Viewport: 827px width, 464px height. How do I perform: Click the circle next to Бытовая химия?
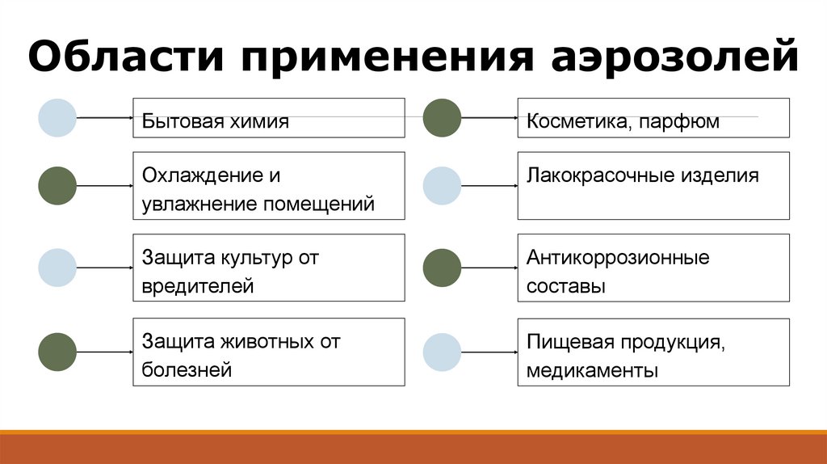pos(57,117)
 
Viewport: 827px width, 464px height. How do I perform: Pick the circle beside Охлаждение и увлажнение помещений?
pos(57,185)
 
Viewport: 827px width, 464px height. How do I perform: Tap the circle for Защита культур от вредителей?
pos(57,268)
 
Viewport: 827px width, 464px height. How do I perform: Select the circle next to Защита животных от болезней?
pos(57,352)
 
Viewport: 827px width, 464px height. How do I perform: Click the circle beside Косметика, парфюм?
pos(442,117)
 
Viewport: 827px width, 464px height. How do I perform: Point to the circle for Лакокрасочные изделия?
pos(442,185)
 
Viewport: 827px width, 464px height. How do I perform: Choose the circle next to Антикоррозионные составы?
pos(442,268)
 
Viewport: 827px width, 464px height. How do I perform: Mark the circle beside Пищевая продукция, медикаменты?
pos(442,352)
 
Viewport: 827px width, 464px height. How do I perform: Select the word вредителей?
pos(198,286)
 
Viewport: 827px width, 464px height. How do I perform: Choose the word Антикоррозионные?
pos(618,259)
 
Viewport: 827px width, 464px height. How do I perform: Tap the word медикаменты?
pos(593,371)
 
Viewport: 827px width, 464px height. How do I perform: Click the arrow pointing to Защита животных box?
pos(105,352)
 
